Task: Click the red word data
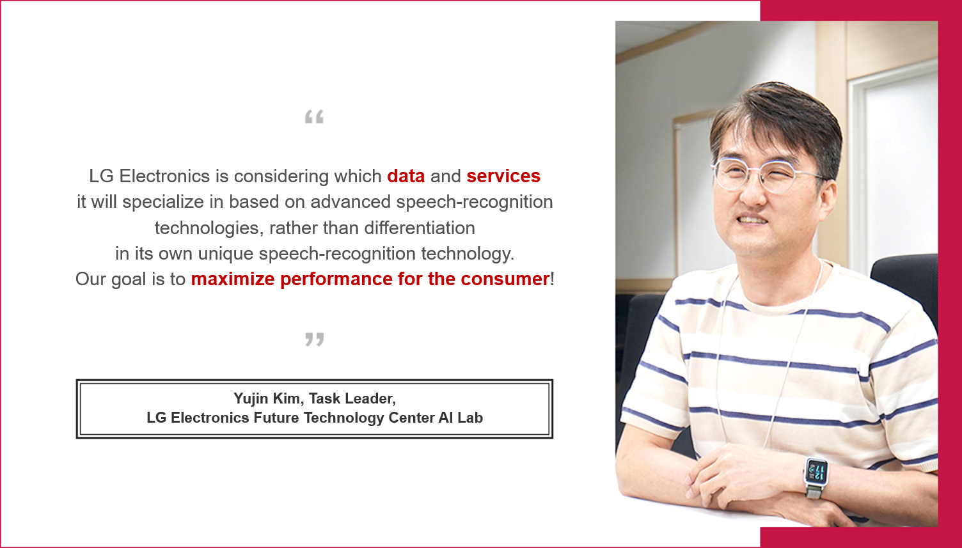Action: (x=406, y=176)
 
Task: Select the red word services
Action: (x=503, y=176)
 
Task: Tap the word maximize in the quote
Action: (x=233, y=279)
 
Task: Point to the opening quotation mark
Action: (x=314, y=117)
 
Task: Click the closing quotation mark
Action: (x=314, y=340)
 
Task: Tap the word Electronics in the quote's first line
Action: (x=164, y=176)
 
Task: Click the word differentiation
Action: (x=420, y=228)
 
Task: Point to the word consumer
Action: (x=505, y=279)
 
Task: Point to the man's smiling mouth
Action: (x=752, y=220)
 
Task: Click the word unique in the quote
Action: (x=225, y=254)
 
